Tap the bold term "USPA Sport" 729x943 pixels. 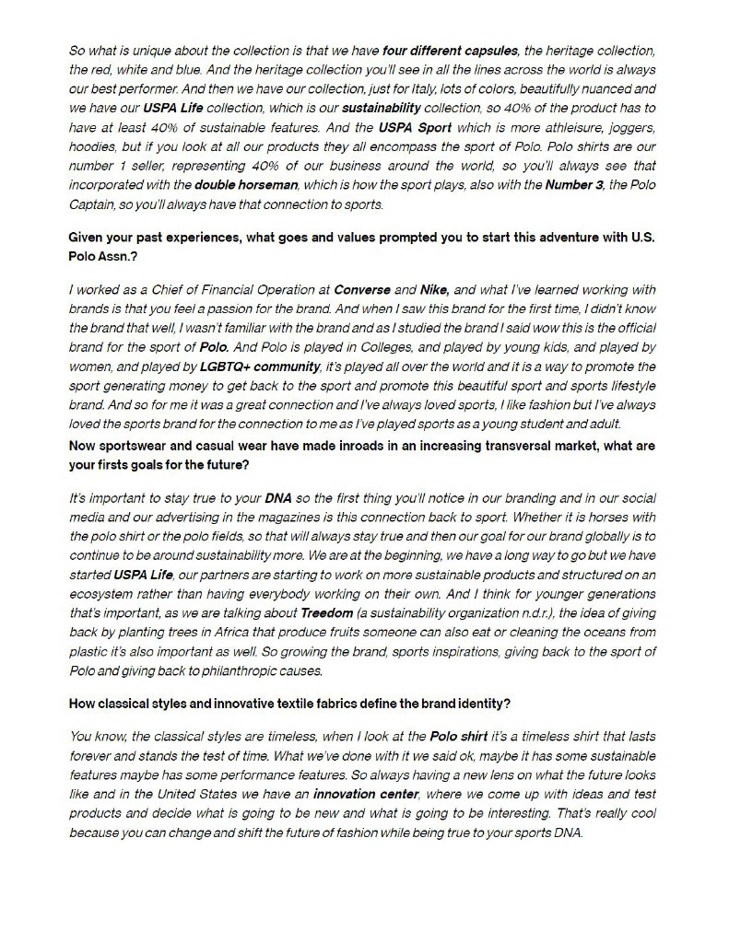pyautogui.click(x=416, y=128)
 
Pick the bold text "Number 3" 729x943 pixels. pyautogui.click(x=575, y=185)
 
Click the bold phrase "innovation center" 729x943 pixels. pyautogui.click(x=365, y=794)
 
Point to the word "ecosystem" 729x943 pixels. pyautogui.click(x=99, y=594)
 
